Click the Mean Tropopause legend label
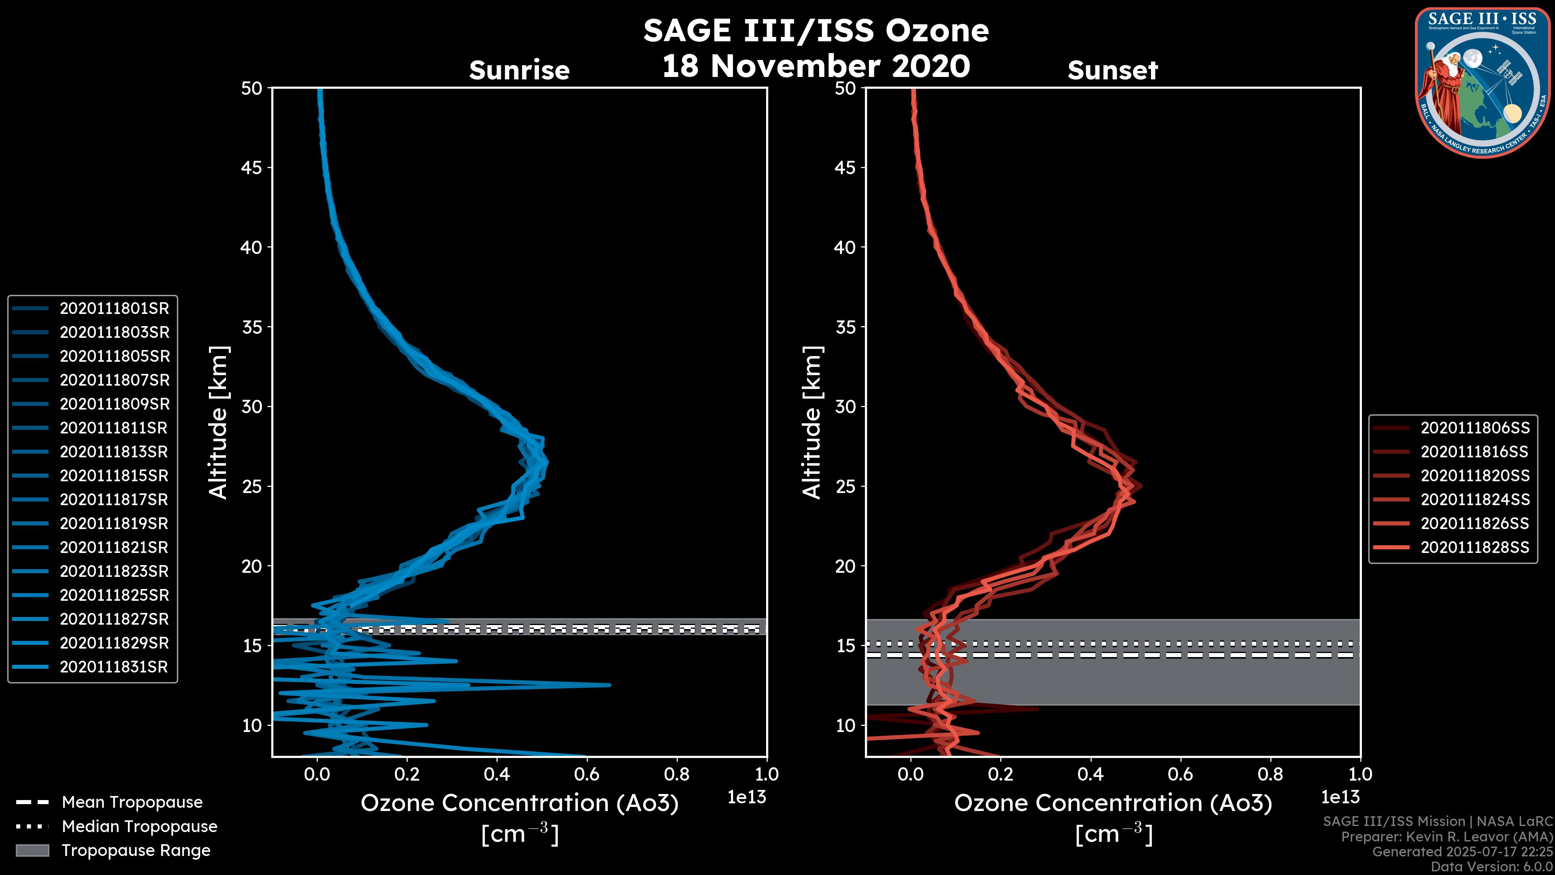pyautogui.click(x=132, y=802)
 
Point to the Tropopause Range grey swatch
pyautogui.click(x=32, y=851)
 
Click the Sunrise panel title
pyautogui.click(x=519, y=70)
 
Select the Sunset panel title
pyautogui.click(x=1112, y=70)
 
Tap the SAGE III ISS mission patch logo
pyautogui.click(x=1481, y=83)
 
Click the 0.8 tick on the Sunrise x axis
pyautogui.click(x=677, y=774)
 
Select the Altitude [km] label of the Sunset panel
pyautogui.click(x=812, y=423)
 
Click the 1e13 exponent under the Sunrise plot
pyautogui.click(x=747, y=798)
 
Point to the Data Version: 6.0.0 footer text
pyautogui.click(x=1492, y=867)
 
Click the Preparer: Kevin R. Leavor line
pyautogui.click(x=1446, y=837)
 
